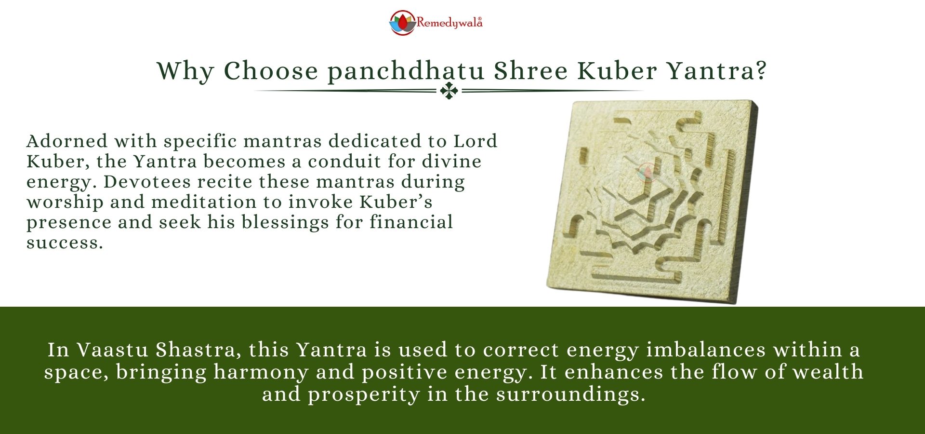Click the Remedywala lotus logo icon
point(402,23)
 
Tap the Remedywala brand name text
point(449,23)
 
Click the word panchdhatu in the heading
point(406,71)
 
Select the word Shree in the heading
point(531,71)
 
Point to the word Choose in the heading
point(271,71)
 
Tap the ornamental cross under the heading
point(449,91)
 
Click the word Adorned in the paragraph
point(67,141)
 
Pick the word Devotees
point(147,182)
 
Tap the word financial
point(411,222)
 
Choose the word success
point(64,243)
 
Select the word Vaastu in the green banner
point(113,350)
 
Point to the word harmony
point(261,372)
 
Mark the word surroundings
point(570,394)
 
